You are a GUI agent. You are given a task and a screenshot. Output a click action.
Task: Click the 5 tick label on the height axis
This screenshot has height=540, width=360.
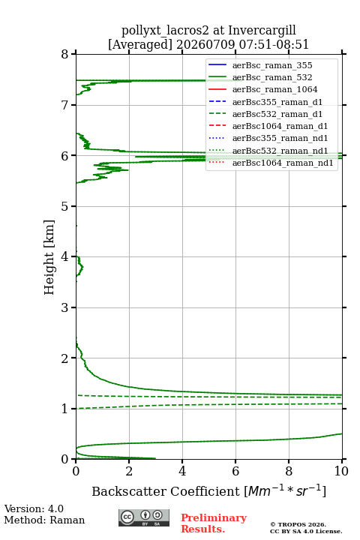click(65, 206)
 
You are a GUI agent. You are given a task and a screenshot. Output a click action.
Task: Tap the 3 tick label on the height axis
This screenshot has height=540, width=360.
click(65, 307)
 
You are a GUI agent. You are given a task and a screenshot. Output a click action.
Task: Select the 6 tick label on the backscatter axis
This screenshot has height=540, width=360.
click(235, 471)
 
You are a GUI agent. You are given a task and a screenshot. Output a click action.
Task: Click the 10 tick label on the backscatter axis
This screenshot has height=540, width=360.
click(342, 471)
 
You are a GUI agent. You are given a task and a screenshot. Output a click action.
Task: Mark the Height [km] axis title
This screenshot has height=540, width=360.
click(49, 257)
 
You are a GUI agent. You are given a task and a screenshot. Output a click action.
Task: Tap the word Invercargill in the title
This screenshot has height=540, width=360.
click(262, 31)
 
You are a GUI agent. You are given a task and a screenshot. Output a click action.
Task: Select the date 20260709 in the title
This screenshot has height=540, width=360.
click(205, 45)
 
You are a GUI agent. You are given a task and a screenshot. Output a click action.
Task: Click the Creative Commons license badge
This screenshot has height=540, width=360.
click(144, 517)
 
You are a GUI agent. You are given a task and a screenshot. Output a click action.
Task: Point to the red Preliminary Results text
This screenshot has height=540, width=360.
click(214, 523)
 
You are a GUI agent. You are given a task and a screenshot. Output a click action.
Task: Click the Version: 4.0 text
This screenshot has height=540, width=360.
click(34, 508)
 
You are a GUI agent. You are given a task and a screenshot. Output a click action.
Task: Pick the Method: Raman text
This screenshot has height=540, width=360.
click(44, 520)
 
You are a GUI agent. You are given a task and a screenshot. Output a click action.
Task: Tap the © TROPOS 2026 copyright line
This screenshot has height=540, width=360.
click(298, 524)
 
